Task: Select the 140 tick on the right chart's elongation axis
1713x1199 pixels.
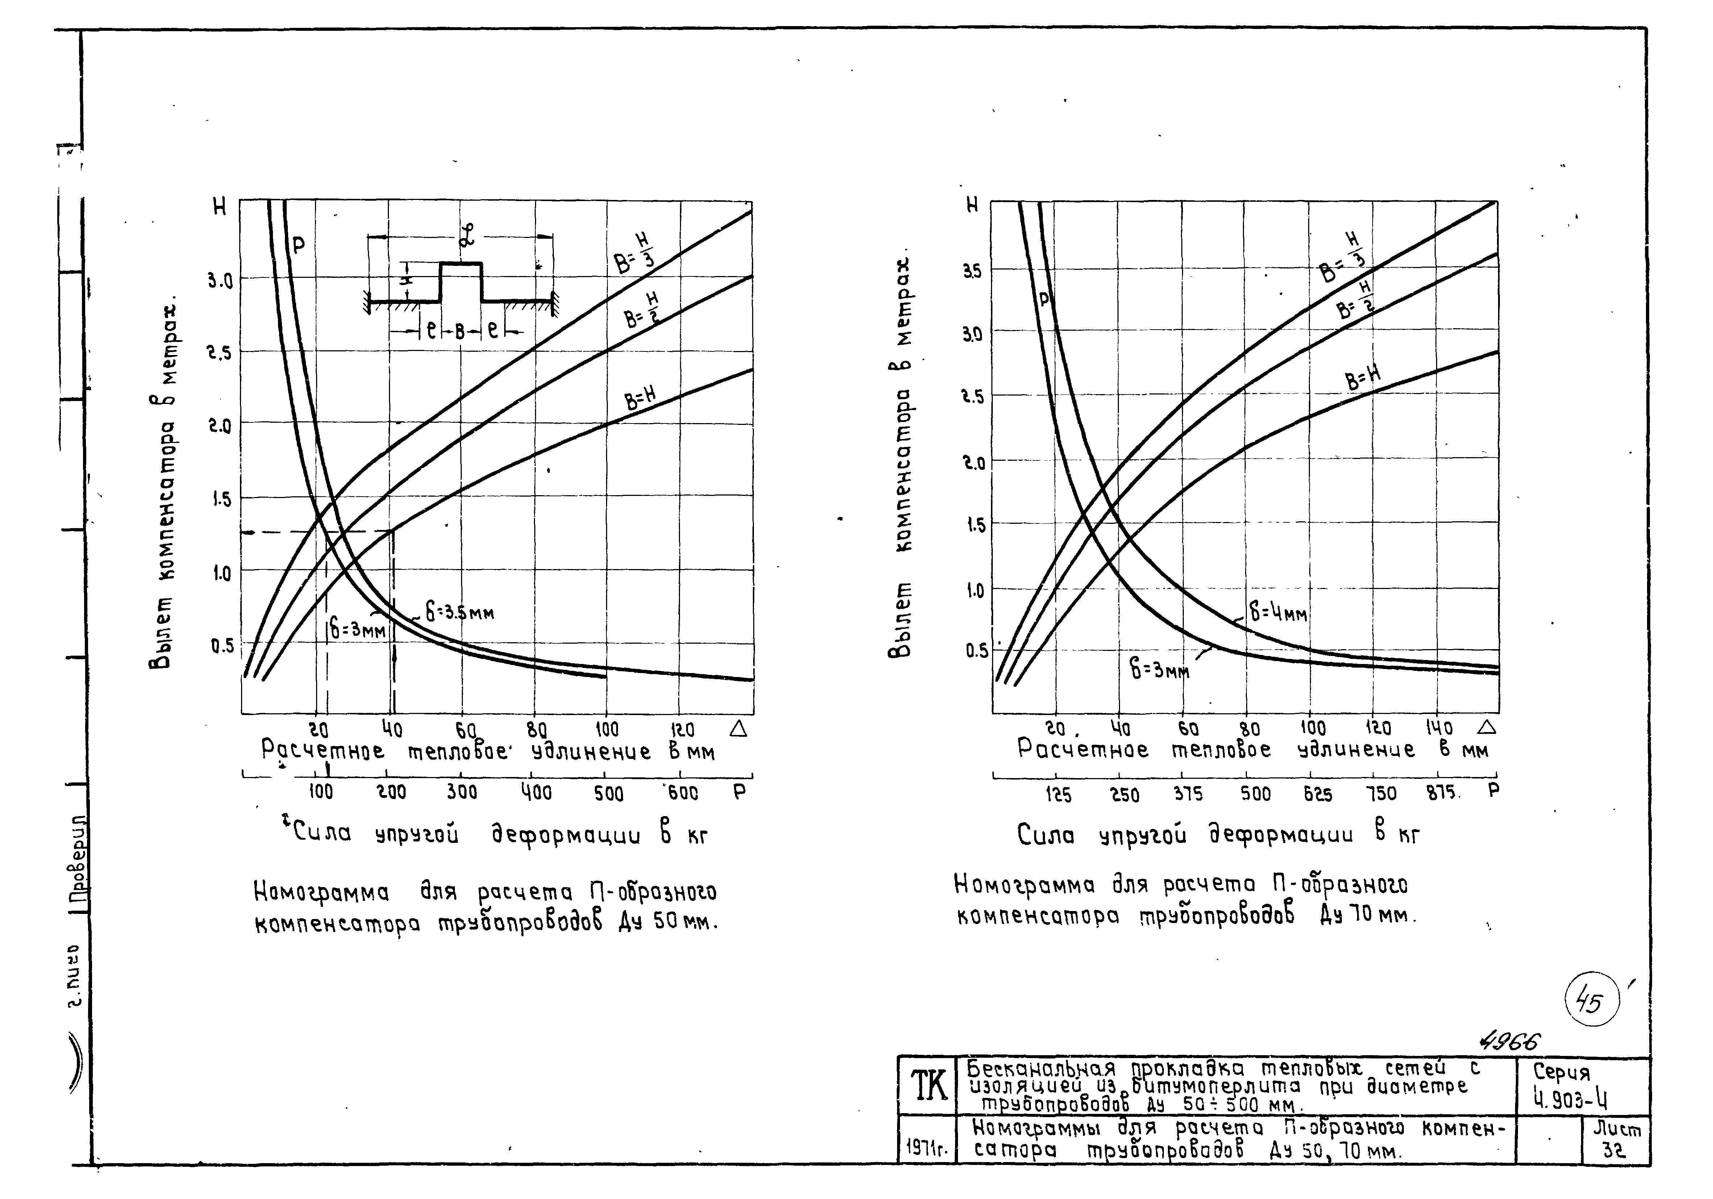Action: [1439, 728]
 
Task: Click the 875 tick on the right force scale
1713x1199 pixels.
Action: [1442, 793]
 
